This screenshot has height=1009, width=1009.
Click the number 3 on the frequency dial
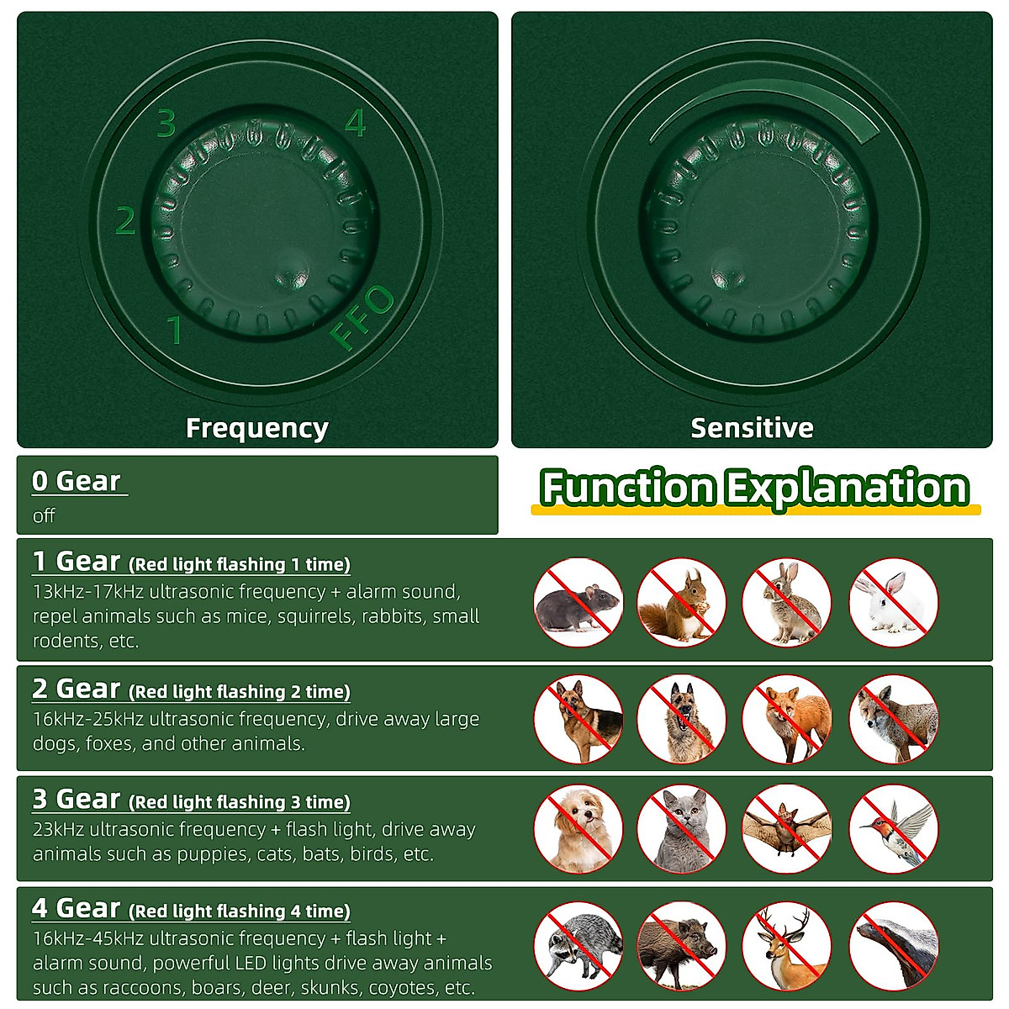click(x=166, y=124)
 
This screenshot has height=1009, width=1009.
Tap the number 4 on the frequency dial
click(x=356, y=124)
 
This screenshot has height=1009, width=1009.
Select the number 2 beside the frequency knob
click(x=125, y=221)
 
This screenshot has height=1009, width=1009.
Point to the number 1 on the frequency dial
click(x=174, y=330)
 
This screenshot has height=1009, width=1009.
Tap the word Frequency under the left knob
click(x=256, y=428)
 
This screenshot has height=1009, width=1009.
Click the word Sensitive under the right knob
click(x=752, y=428)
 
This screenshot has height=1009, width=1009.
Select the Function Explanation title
click(x=754, y=488)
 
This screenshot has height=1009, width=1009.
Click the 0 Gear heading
click(x=77, y=481)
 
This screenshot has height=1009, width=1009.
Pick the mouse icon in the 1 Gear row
click(x=578, y=602)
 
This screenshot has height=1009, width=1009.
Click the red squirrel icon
click(x=681, y=602)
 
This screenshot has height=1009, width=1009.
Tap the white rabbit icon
click(x=893, y=602)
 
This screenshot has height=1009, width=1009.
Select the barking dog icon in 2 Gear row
click(x=681, y=720)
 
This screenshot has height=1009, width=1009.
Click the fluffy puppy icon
click(x=578, y=829)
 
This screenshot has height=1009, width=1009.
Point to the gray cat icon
click(x=681, y=829)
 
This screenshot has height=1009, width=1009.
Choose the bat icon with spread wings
click(x=786, y=829)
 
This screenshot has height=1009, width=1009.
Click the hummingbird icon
click(x=893, y=829)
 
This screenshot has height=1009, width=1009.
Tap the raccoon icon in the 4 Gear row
click(x=578, y=945)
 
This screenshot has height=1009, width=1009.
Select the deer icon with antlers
click(x=786, y=945)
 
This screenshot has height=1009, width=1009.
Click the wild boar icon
click(x=681, y=945)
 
